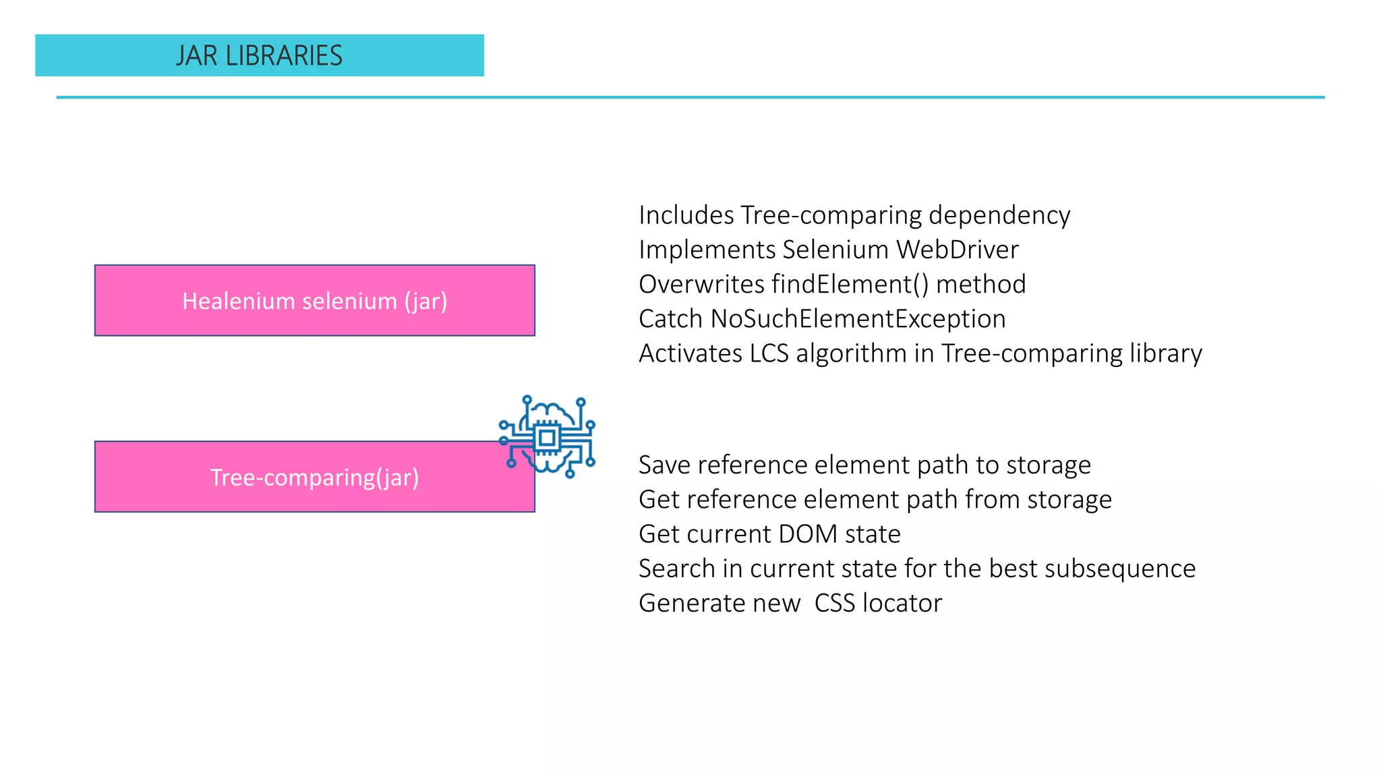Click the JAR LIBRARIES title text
click(259, 56)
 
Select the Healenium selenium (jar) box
click(314, 301)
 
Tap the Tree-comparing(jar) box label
click(314, 478)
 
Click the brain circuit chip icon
click(547, 438)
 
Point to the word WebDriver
click(957, 250)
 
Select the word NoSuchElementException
click(858, 319)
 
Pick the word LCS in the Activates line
click(769, 353)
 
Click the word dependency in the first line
click(999, 216)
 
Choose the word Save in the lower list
click(664, 465)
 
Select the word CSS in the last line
click(834, 603)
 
